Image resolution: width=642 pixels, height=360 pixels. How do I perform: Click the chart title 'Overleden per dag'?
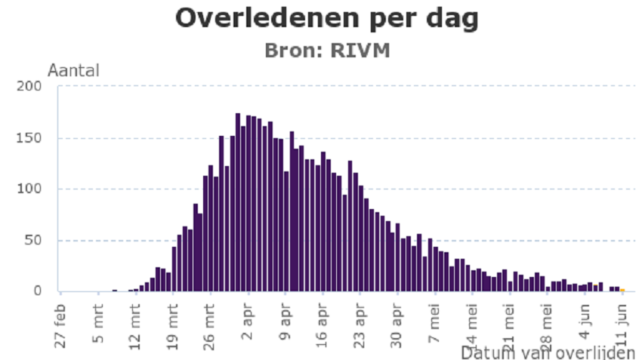pyautogui.click(x=326, y=19)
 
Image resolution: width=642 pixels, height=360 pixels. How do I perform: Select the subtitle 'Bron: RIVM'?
pyautogui.click(x=326, y=50)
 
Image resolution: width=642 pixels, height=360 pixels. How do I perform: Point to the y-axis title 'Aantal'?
pyautogui.click(x=73, y=71)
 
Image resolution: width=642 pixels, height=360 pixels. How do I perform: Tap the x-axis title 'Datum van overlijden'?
pyautogui.click(x=548, y=352)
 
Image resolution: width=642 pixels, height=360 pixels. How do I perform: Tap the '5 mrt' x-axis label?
pyautogui.click(x=98, y=324)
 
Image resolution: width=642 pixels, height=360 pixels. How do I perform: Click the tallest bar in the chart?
pyautogui.click(x=237, y=202)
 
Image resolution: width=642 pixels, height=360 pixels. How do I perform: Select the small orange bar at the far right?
pyautogui.click(x=622, y=290)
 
